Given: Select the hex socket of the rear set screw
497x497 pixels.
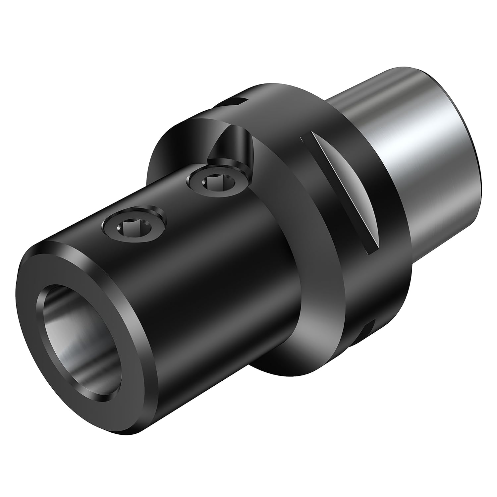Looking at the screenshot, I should pos(212,182).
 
